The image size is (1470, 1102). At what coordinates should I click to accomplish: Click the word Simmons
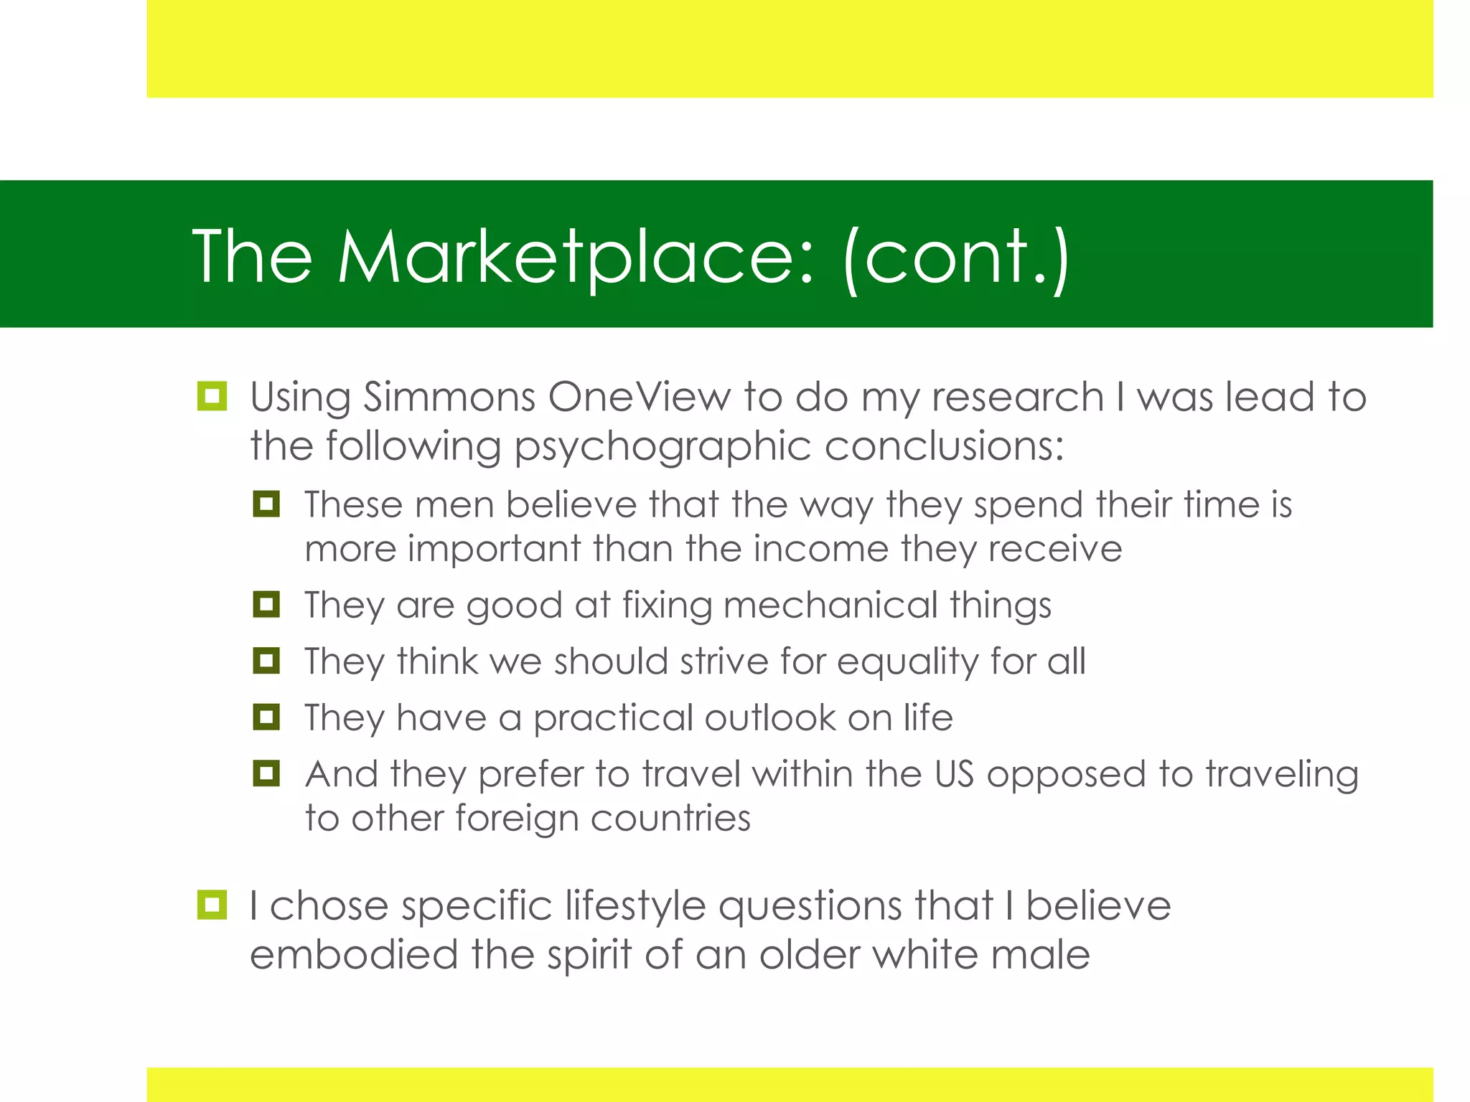(449, 397)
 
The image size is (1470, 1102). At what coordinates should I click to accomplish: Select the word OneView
(639, 397)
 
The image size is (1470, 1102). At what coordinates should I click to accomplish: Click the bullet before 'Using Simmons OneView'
(212, 396)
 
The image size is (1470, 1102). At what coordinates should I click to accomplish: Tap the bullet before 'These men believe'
(266, 504)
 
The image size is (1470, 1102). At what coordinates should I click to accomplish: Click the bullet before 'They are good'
(266, 604)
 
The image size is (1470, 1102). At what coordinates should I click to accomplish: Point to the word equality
(907, 661)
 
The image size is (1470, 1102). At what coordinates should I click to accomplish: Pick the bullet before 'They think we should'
(266, 660)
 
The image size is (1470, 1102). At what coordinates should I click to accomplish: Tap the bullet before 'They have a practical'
(266, 717)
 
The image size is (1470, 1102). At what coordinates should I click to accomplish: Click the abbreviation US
(954, 774)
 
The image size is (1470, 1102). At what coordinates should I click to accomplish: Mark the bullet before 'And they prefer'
(266, 773)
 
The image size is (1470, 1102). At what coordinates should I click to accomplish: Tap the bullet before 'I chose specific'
(212, 905)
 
